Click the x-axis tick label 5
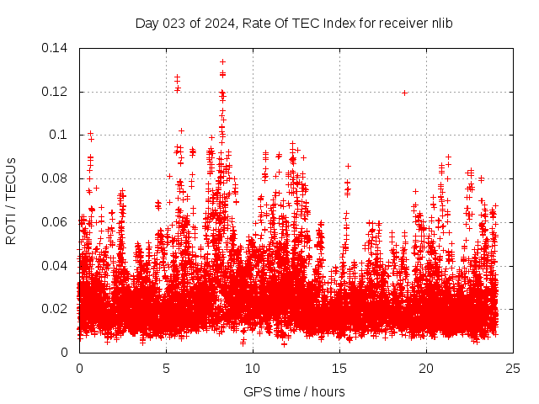(166, 368)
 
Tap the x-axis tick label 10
(253, 368)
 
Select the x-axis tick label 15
(339, 368)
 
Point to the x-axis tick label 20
(426, 368)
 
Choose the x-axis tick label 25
(513, 368)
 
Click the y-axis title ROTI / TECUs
(12, 200)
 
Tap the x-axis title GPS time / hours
(294, 391)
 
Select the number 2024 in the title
(221, 24)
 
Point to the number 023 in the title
(175, 24)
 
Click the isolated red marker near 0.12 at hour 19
(404, 93)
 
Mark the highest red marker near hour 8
(222, 61)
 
